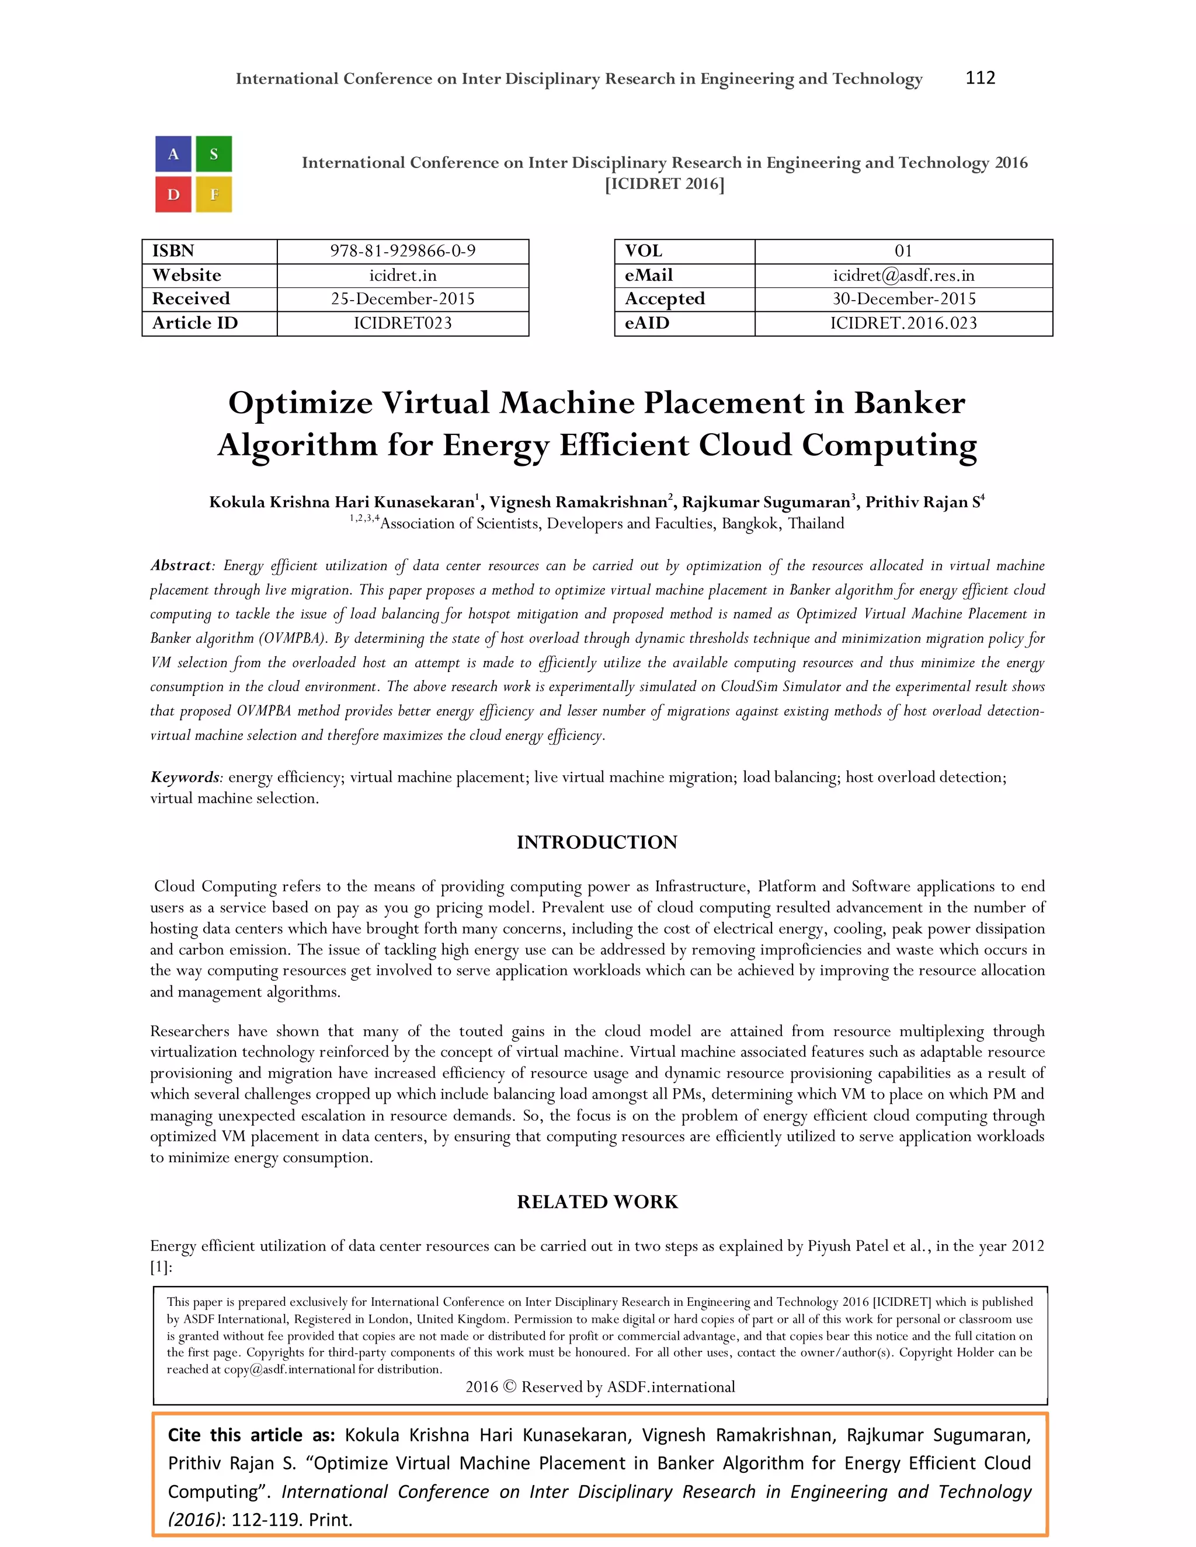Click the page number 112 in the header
980,78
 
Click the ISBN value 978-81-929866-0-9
402,252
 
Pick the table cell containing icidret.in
402,276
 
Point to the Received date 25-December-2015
402,299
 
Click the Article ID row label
195,323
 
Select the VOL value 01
903,252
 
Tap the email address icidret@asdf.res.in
903,276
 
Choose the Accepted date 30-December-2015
903,299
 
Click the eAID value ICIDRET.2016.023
903,323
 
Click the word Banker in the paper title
909,403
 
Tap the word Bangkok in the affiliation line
750,524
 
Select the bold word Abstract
180,565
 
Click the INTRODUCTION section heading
597,842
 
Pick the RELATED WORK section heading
597,1202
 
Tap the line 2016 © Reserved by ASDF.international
600,1387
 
